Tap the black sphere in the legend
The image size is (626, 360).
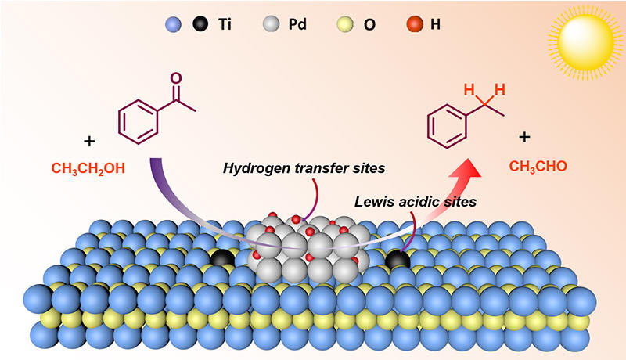pos(200,24)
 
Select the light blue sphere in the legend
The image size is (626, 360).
pos(173,24)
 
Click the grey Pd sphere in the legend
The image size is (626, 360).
pos(271,24)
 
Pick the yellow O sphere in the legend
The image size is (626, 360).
pos(345,24)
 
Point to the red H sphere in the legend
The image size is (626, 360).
pos(415,24)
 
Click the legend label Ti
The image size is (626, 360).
pos(225,24)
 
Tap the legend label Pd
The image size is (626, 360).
pos(297,24)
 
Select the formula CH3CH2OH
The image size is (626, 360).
pos(88,168)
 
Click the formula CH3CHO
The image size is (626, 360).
pos(538,167)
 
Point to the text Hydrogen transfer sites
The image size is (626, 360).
pos(304,168)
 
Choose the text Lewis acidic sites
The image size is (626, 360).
pos(416,202)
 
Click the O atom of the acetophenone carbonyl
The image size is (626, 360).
pos(175,78)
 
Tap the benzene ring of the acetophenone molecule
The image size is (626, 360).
pos(139,122)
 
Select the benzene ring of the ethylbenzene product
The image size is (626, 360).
pos(447,127)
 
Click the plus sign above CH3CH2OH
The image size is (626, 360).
pos(89,141)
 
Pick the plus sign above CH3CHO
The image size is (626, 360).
pos(524,137)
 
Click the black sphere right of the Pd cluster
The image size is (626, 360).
pos(398,261)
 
